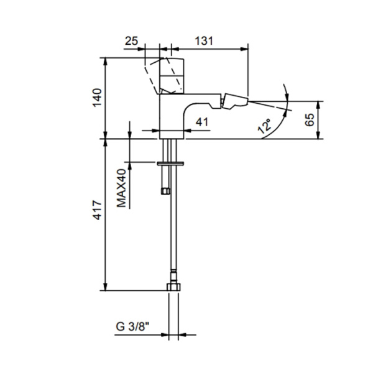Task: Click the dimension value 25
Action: click(x=131, y=40)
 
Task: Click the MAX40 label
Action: click(x=122, y=186)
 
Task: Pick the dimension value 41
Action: click(x=201, y=122)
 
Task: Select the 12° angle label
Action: click(x=265, y=127)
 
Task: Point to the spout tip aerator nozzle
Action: click(x=235, y=101)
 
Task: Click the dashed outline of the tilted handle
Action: click(x=151, y=73)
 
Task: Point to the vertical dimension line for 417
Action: click(x=106, y=214)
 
